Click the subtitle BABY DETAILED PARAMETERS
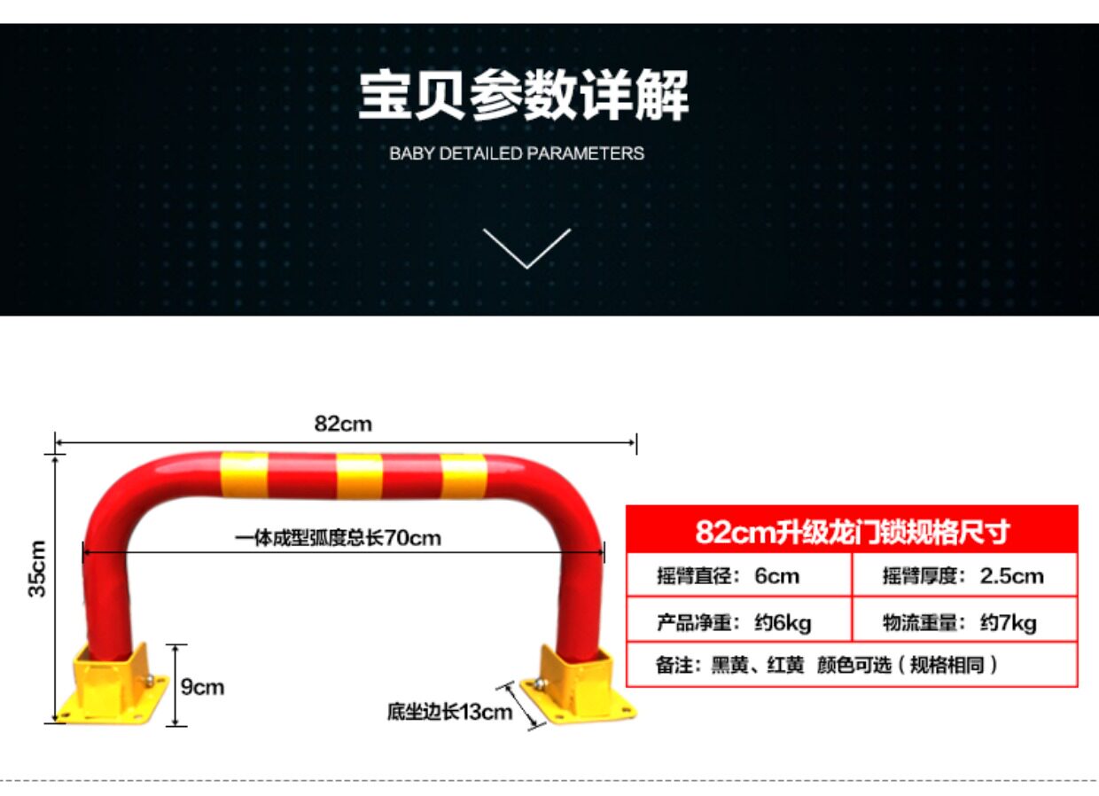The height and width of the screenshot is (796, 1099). pyautogui.click(x=517, y=153)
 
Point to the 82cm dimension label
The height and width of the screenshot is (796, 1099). pyautogui.click(x=343, y=424)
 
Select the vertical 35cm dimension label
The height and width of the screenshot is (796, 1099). pyautogui.click(x=38, y=567)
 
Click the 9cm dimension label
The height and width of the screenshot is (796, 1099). pyautogui.click(x=202, y=686)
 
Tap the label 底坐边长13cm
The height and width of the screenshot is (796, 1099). pyautogui.click(x=449, y=711)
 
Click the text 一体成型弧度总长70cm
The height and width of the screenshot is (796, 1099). pyautogui.click(x=338, y=538)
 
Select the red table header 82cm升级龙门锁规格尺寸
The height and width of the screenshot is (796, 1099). pyautogui.click(x=852, y=532)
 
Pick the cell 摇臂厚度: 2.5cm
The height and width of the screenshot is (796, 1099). pyautogui.click(x=963, y=576)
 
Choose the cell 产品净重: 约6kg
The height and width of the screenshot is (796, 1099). pyautogui.click(x=734, y=622)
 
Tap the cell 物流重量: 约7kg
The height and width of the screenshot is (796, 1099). pyautogui.click(x=959, y=622)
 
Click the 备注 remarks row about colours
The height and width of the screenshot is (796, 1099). pyautogui.click(x=826, y=665)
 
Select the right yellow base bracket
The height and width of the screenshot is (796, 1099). pyautogui.click(x=581, y=684)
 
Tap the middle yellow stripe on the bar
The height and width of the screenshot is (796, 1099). pyautogui.click(x=359, y=476)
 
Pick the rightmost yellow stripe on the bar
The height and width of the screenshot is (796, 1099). pyautogui.click(x=464, y=477)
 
